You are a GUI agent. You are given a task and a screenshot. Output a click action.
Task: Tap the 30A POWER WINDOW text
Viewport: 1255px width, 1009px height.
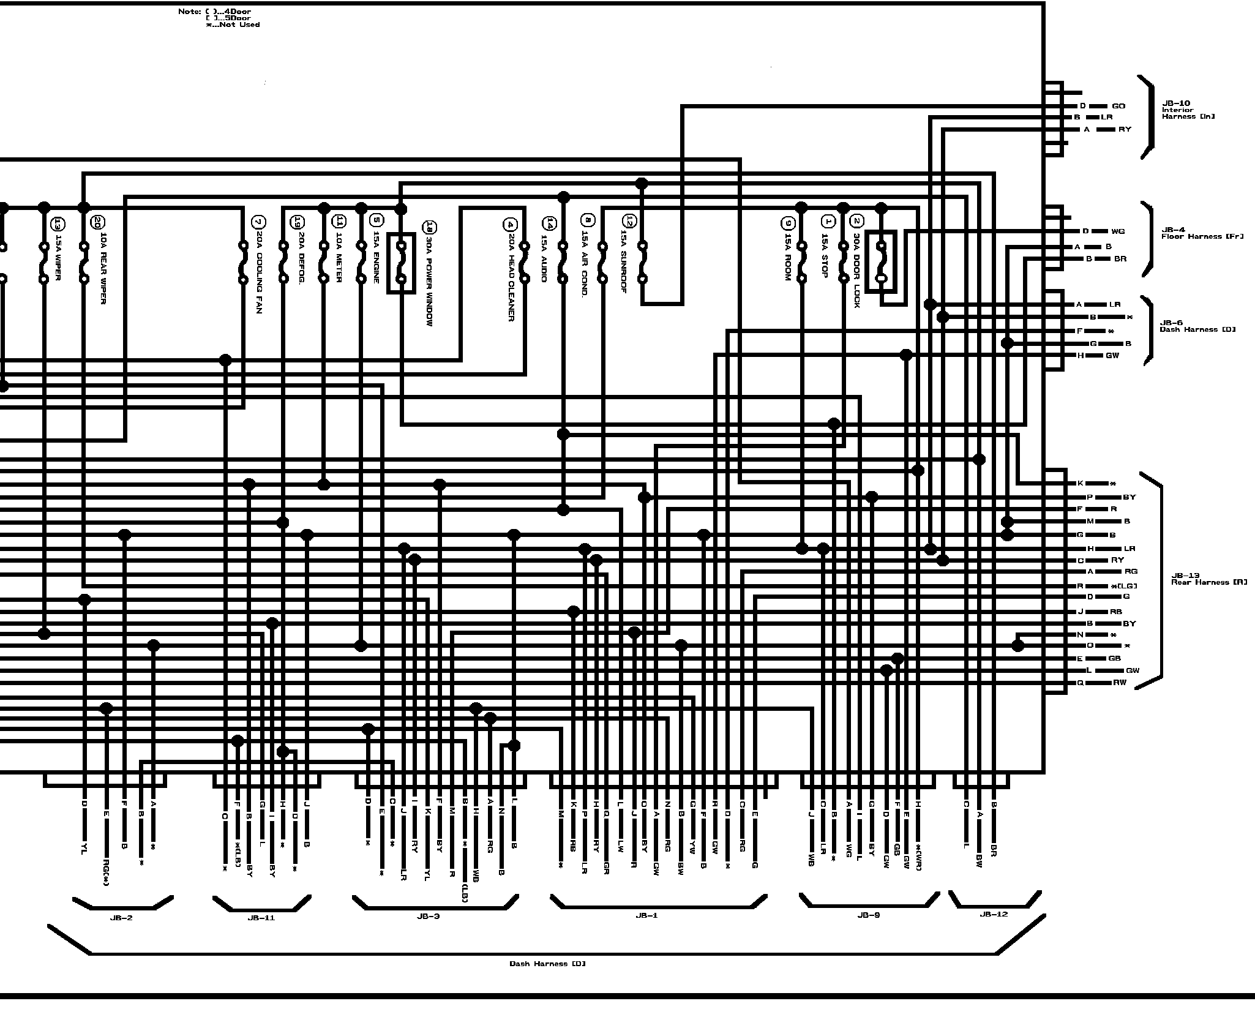coord(429,281)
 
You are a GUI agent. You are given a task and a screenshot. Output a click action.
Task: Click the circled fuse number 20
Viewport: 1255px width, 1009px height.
coord(97,222)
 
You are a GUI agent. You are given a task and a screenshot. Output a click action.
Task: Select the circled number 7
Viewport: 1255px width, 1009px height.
coord(258,222)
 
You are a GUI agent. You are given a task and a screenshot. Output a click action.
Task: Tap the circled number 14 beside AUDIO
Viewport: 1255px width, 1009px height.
coord(549,223)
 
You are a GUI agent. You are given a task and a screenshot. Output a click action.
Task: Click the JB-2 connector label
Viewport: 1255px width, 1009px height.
coord(121,918)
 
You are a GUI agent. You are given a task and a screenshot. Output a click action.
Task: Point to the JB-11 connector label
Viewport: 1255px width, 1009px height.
coord(261,918)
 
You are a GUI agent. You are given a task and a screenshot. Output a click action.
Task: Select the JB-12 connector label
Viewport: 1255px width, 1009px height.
coord(994,914)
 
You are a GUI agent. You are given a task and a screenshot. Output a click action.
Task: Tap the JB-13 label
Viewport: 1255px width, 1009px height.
coord(1185,576)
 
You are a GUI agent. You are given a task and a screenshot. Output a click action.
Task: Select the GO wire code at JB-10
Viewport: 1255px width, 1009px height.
coord(1118,106)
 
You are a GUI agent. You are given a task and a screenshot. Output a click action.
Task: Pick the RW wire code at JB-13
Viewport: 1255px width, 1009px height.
coord(1120,683)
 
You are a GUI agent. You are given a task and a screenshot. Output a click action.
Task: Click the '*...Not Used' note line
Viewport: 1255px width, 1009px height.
coord(233,25)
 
